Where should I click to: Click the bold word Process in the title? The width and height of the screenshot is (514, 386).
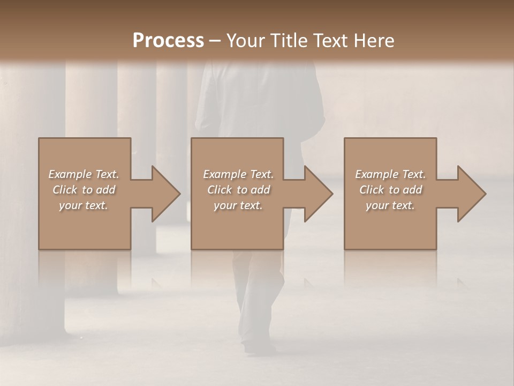point(168,41)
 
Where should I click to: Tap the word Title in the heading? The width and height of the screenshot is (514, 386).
point(290,41)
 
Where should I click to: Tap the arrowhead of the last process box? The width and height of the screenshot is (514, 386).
point(471,194)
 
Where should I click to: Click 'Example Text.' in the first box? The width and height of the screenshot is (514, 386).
point(84,174)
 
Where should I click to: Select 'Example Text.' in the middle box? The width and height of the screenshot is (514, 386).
point(238,174)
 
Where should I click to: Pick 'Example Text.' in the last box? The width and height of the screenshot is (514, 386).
point(390,174)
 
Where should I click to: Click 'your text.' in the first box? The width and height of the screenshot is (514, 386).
point(84,205)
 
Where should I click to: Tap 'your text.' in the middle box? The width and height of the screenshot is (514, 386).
point(238,205)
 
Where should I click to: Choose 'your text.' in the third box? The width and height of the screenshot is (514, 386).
point(390,205)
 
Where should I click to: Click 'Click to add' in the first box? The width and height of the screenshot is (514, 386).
point(84,190)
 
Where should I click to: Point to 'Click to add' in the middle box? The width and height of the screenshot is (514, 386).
point(238,190)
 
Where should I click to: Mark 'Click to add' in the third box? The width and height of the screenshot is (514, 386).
point(391,190)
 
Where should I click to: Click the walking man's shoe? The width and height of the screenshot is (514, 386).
point(260,347)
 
